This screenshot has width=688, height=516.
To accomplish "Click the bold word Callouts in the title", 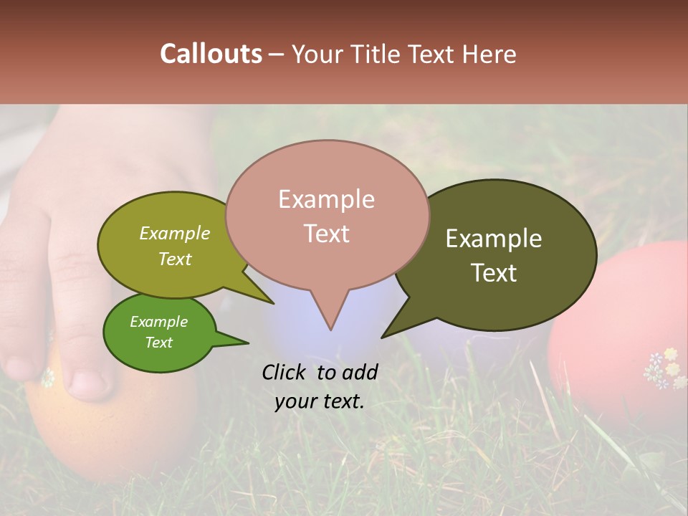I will pyautogui.click(x=211, y=54).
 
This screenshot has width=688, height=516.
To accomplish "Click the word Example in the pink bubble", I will pyautogui.click(x=327, y=199).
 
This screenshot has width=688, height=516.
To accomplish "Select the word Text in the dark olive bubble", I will pyautogui.click(x=494, y=273).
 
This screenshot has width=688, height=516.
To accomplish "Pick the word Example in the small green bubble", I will pyautogui.click(x=158, y=322).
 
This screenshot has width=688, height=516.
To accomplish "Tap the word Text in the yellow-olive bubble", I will pyautogui.click(x=175, y=259).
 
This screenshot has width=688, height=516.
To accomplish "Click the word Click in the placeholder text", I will pyautogui.click(x=285, y=372).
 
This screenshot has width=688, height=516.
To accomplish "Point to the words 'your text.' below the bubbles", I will pyautogui.click(x=320, y=401).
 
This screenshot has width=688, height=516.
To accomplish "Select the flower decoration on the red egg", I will pyautogui.click(x=665, y=368).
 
